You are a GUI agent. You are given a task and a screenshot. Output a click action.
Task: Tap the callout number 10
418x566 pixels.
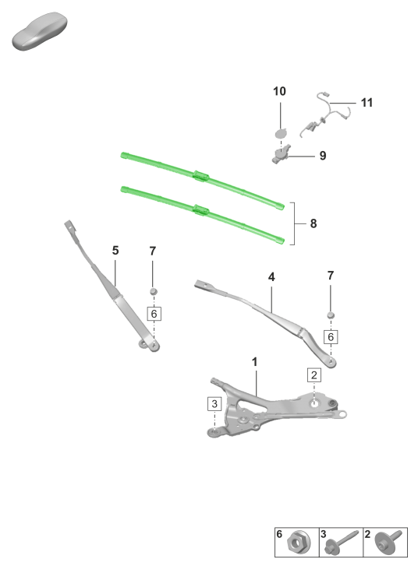click(279, 91)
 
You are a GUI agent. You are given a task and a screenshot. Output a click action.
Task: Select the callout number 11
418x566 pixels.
click(367, 103)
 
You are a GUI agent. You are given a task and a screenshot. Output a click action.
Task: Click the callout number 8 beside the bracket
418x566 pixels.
click(313, 223)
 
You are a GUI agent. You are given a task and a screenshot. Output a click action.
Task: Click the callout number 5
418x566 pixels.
click(115, 251)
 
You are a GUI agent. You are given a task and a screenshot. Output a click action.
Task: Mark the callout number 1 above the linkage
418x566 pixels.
click(254, 362)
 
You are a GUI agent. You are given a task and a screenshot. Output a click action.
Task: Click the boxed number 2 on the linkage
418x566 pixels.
click(314, 375)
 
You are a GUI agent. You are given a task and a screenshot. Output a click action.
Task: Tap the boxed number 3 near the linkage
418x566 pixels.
click(214, 403)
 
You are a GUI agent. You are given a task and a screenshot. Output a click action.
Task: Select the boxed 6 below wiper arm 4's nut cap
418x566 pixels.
click(331, 337)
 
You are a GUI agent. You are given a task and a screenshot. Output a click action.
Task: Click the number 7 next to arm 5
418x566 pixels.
click(153, 251)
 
